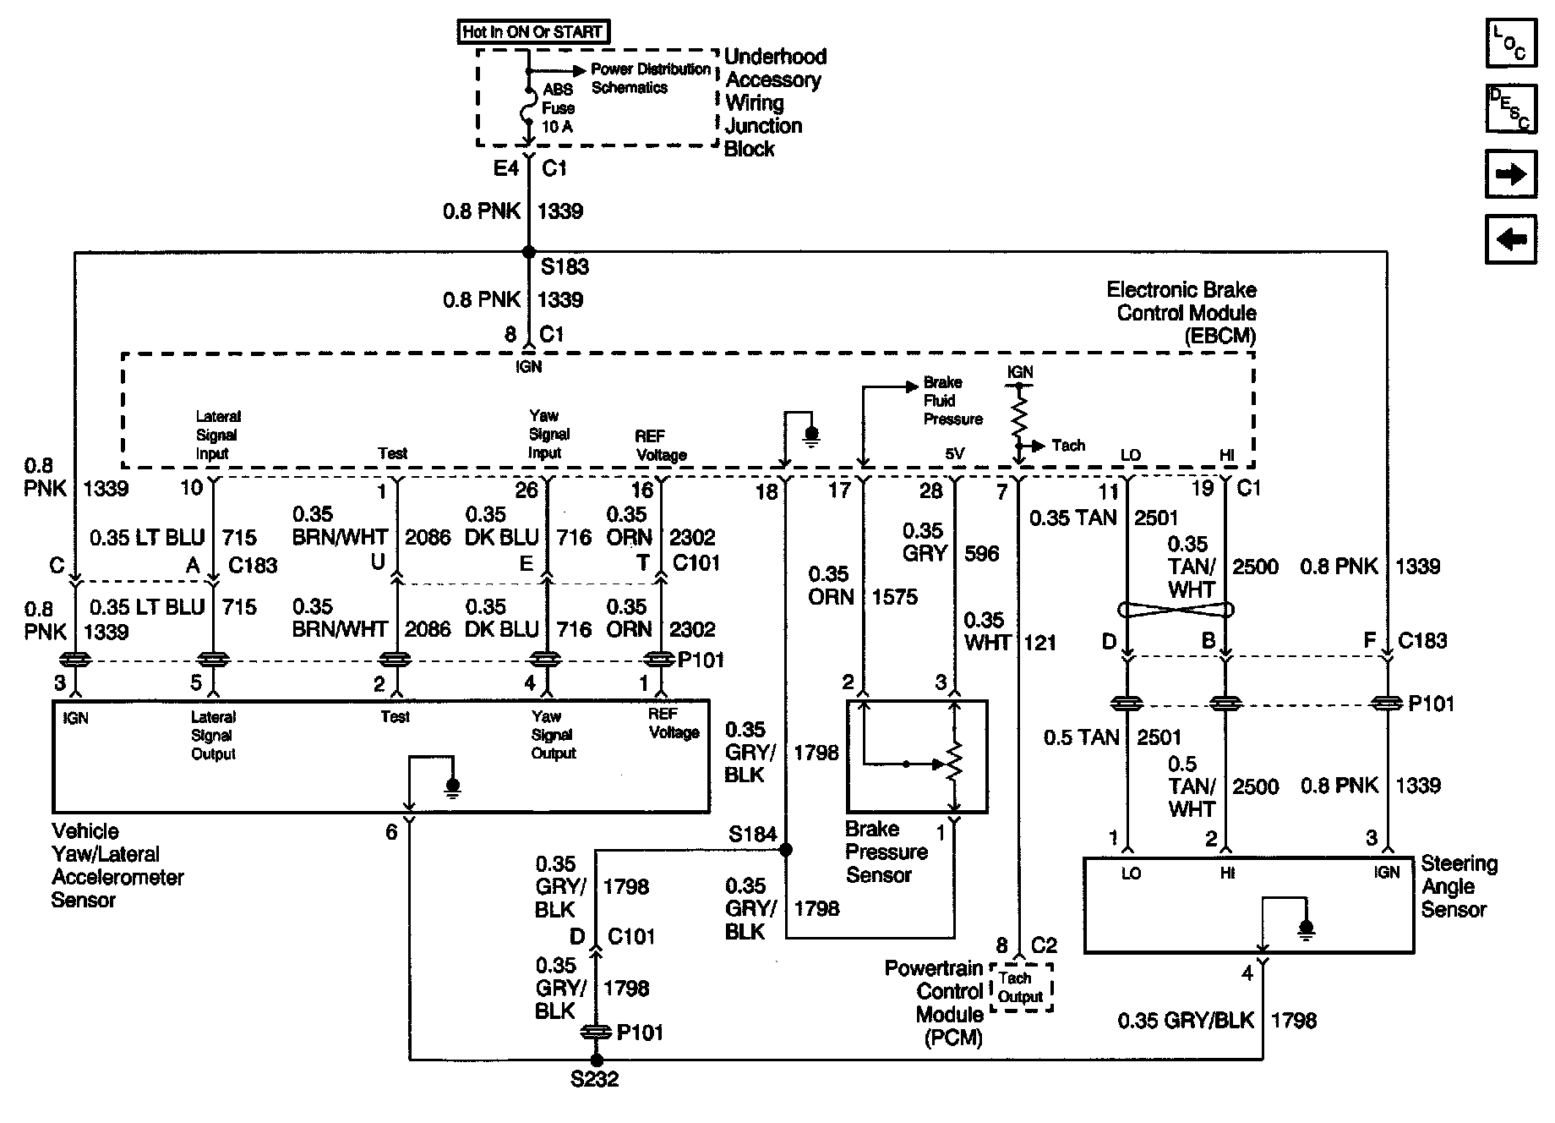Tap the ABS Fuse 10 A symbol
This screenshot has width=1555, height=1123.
(x=529, y=107)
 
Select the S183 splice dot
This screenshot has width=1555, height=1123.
(x=529, y=252)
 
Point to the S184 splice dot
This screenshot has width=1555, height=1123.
(x=786, y=849)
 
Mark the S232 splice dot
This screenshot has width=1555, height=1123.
(x=597, y=1060)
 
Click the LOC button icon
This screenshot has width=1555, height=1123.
(x=1510, y=43)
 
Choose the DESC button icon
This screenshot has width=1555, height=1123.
(x=1510, y=108)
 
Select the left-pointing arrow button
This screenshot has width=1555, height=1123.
(x=1510, y=240)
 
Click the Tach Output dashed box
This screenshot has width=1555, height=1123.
(x=1021, y=988)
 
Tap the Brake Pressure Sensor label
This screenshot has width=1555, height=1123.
(x=886, y=852)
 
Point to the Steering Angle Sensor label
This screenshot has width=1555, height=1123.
(x=1460, y=886)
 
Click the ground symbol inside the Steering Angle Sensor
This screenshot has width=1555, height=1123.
(x=1307, y=929)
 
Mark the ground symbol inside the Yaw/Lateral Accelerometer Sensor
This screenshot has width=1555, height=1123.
(x=453, y=788)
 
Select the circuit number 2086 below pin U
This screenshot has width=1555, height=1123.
(x=428, y=629)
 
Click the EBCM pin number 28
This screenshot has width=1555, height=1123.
(x=930, y=491)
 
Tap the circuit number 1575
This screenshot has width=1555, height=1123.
(x=894, y=597)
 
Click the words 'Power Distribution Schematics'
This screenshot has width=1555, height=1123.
(x=650, y=78)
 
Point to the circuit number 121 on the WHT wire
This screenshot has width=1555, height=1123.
(x=1039, y=643)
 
